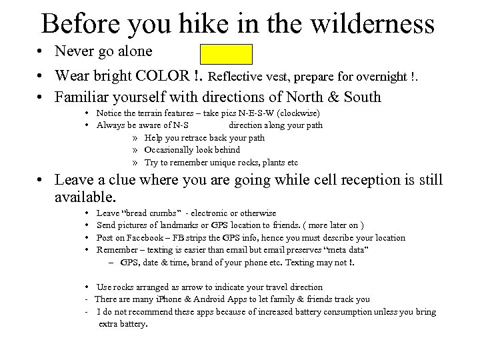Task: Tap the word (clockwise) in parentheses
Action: click(x=301, y=113)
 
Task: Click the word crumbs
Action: click(x=163, y=213)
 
